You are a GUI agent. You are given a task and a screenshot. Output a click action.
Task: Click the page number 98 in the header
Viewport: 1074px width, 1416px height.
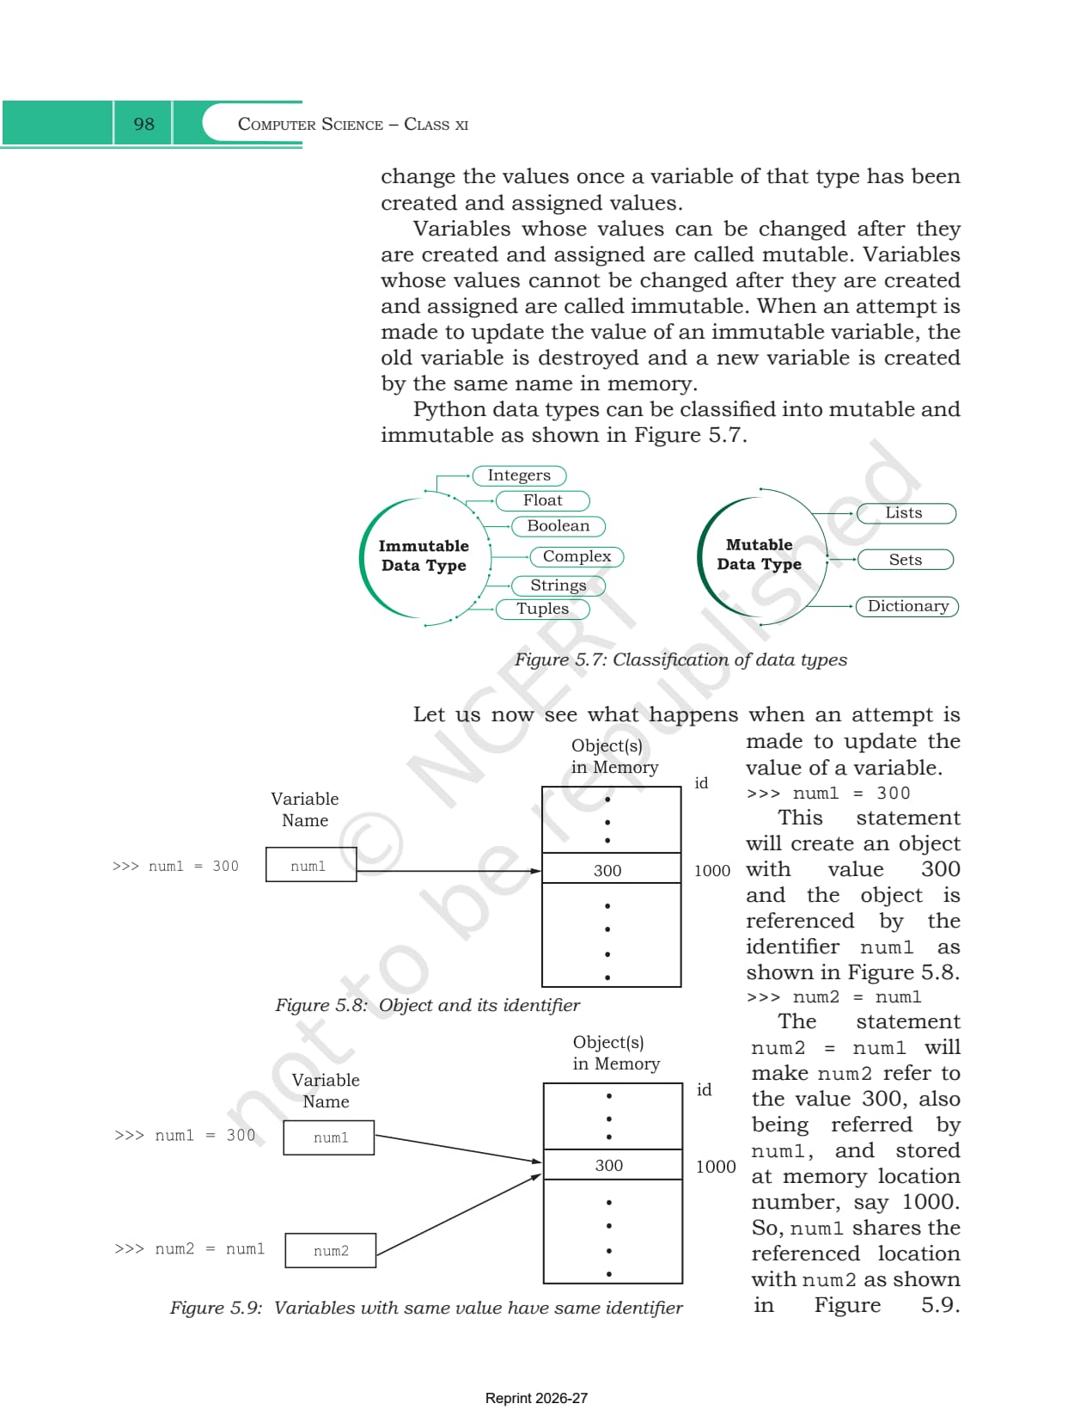pyautogui.click(x=143, y=123)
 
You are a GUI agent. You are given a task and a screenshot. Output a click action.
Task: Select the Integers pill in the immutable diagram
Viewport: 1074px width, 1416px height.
pyautogui.click(x=519, y=475)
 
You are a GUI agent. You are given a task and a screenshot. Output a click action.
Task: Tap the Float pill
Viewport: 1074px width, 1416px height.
pyautogui.click(x=543, y=500)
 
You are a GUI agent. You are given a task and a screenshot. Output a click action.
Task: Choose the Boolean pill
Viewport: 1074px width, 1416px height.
pyautogui.click(x=558, y=526)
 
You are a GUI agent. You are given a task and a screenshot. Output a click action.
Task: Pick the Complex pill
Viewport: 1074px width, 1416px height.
pyautogui.click(x=577, y=557)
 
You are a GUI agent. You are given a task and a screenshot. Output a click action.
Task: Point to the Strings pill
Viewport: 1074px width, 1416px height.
pyautogui.click(x=558, y=585)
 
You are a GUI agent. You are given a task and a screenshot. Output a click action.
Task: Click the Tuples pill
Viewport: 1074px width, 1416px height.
pyautogui.click(x=543, y=609)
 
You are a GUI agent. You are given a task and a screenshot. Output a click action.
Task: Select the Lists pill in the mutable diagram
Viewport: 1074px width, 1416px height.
pyautogui.click(x=906, y=513)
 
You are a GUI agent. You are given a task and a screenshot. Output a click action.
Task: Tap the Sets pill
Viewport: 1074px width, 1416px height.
pyautogui.click(x=905, y=560)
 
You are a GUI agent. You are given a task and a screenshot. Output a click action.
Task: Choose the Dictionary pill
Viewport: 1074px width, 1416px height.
pyautogui.click(x=907, y=606)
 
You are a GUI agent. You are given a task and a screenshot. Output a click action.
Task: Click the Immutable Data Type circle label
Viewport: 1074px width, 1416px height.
pyautogui.click(x=424, y=555)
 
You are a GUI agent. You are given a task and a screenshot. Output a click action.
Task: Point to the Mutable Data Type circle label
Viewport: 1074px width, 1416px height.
pyautogui.click(x=759, y=555)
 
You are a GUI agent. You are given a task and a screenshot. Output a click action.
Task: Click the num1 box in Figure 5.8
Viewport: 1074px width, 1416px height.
pyautogui.click(x=311, y=864)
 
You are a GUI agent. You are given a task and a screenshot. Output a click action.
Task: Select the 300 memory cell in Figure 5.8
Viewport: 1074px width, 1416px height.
pyautogui.click(x=611, y=868)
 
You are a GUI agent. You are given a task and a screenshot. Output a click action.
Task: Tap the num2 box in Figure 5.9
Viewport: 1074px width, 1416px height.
pyautogui.click(x=330, y=1250)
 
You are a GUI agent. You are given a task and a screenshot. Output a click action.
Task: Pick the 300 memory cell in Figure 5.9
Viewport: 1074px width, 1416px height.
pyautogui.click(x=613, y=1164)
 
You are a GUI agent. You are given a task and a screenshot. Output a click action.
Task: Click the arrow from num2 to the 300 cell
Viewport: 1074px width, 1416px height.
pyautogui.click(x=458, y=1215)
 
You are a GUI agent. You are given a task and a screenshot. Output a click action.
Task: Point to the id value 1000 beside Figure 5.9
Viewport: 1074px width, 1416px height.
pyautogui.click(x=715, y=1167)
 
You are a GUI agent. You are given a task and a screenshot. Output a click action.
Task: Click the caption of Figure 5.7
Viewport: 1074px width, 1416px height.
pyautogui.click(x=680, y=659)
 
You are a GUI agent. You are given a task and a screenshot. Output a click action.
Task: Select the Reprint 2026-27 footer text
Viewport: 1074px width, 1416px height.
pyautogui.click(x=536, y=1398)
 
